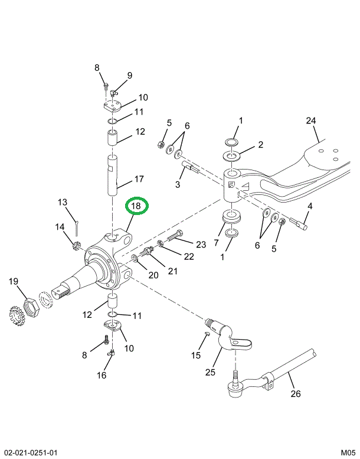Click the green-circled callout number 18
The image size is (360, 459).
coord(136,206)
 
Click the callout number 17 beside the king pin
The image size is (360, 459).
coord(139,179)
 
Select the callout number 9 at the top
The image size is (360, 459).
coord(129,75)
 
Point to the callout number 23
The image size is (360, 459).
coord(201,245)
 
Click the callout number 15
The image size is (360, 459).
coord(196,355)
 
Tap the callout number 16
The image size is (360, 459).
coord(102,375)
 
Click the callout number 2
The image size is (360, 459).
coord(260,144)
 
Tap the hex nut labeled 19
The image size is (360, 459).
coord(30,308)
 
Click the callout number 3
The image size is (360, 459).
coord(176,185)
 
